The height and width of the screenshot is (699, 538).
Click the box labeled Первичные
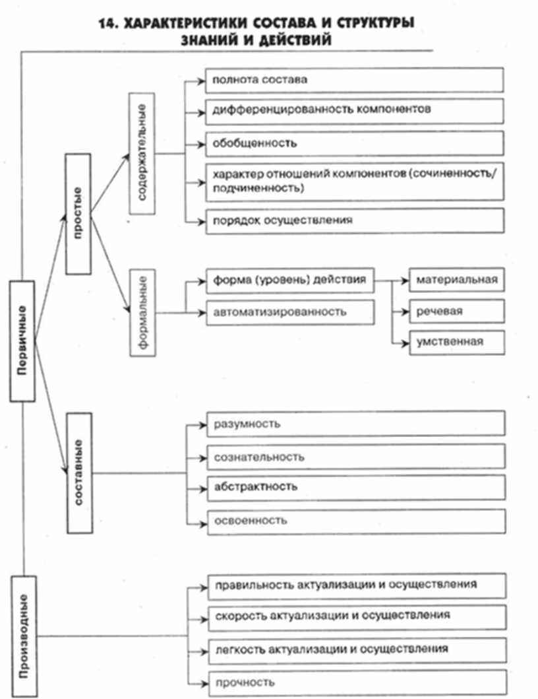pyautogui.click(x=22, y=341)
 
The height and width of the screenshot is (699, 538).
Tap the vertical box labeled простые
pyautogui.click(x=78, y=213)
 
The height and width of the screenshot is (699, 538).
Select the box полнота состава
pyautogui.click(x=355, y=80)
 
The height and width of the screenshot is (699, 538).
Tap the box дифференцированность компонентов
pyautogui.click(x=355, y=110)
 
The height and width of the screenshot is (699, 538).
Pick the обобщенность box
pyautogui.click(x=355, y=142)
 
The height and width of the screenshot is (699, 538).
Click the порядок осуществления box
pyautogui.click(x=355, y=220)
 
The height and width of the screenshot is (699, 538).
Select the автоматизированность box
pyautogui.click(x=289, y=312)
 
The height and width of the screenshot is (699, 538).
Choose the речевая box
pyautogui.click(x=456, y=311)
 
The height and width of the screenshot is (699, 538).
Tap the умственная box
pyautogui.click(x=456, y=341)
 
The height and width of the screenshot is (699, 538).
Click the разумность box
pyautogui.click(x=356, y=424)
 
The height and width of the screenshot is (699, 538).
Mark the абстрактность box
pyautogui.click(x=356, y=487)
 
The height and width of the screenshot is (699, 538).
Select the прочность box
pyautogui.click(x=356, y=682)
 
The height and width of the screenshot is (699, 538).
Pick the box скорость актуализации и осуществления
pyautogui.click(x=356, y=615)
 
